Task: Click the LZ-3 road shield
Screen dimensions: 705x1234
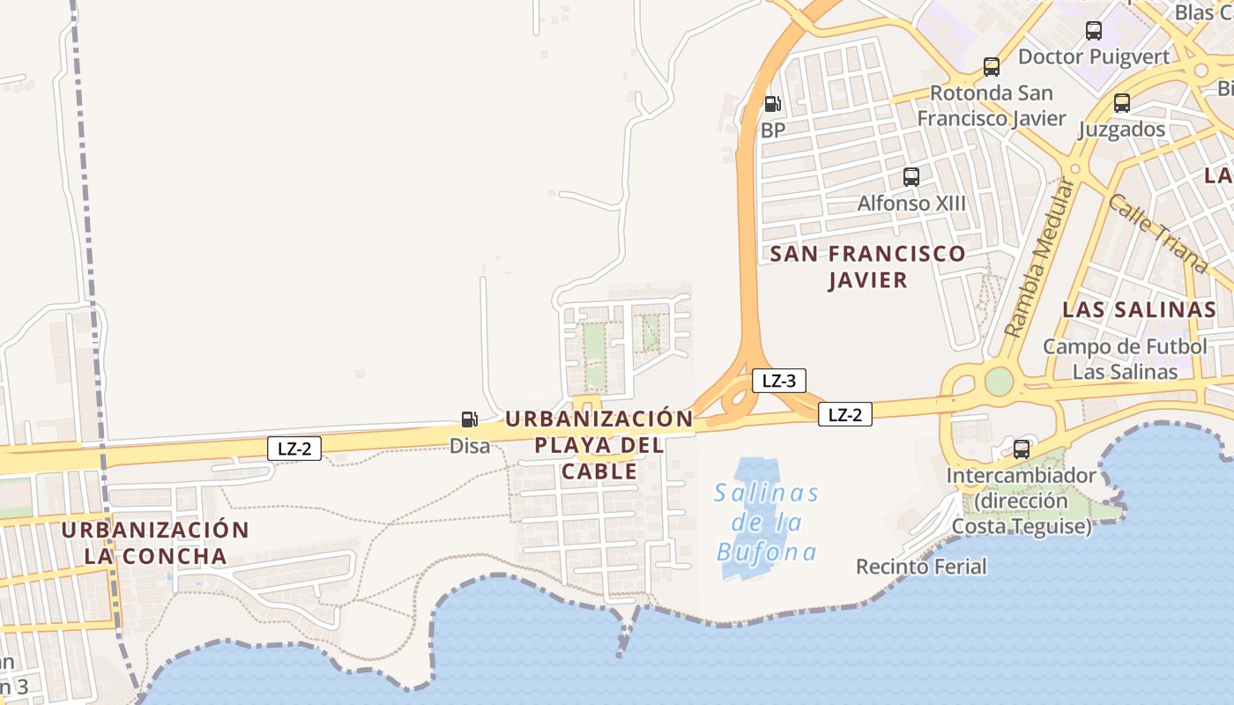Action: [779, 381]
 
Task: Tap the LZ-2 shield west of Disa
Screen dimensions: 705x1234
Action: [294, 449]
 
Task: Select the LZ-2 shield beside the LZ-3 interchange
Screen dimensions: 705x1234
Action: [844, 414]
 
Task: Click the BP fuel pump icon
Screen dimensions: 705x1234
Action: [772, 104]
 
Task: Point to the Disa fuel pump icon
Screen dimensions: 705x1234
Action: [470, 419]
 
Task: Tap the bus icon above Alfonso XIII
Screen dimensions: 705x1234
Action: [911, 176]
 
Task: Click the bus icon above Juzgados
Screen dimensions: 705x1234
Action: [1121, 102]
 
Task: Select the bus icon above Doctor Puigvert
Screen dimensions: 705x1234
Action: [1093, 31]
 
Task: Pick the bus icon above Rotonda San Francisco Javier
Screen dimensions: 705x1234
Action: [992, 66]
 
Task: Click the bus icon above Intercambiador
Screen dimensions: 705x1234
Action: [1021, 449]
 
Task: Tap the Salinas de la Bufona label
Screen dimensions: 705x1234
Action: [767, 523]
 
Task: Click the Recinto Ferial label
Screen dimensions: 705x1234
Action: [921, 566]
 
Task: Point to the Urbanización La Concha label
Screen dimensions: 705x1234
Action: [156, 543]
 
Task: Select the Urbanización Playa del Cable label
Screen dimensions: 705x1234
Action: [599, 445]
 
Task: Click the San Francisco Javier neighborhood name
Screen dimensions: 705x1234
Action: [867, 267]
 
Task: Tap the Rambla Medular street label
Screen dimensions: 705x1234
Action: [1040, 258]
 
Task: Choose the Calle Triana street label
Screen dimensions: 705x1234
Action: [1156, 233]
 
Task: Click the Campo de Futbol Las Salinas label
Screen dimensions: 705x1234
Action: [1125, 359]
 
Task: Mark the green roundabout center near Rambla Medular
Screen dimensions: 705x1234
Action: [999, 382]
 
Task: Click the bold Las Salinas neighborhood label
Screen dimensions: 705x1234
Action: [1139, 309]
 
